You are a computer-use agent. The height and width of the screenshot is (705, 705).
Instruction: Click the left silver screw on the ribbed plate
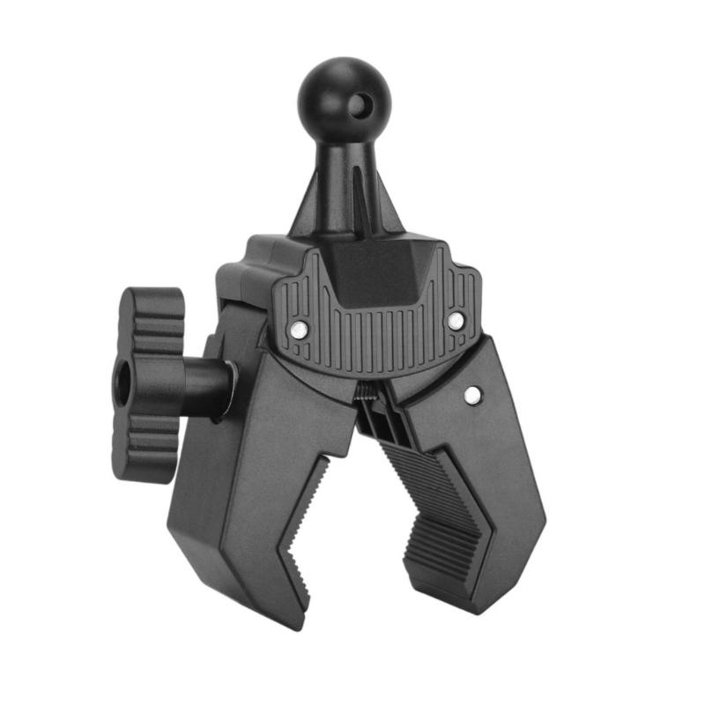coord(300,329)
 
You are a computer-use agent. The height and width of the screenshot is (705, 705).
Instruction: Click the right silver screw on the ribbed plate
coord(455,321)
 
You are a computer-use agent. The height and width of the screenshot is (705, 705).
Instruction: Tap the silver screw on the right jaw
coord(473,394)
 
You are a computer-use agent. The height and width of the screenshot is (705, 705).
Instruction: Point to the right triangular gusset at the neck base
coord(388,211)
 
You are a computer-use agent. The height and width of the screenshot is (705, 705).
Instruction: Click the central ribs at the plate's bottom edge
coord(375,344)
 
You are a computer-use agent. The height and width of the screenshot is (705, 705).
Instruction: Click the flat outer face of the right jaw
coord(507,476)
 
